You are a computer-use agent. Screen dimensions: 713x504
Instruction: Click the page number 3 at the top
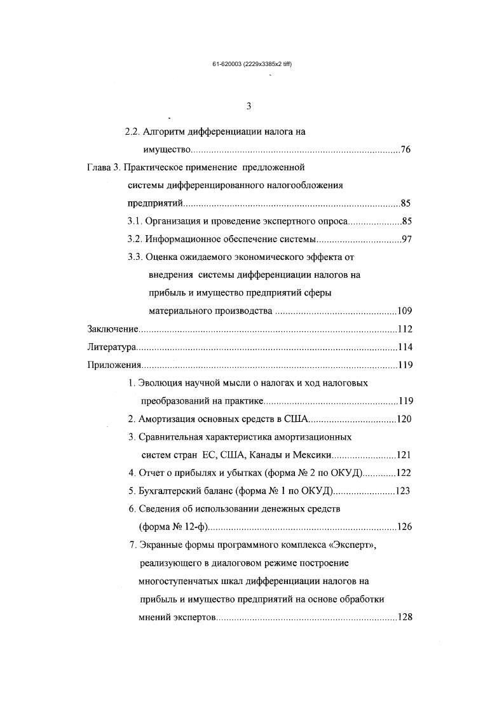[249, 106]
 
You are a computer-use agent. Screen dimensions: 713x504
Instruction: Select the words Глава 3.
[102, 168]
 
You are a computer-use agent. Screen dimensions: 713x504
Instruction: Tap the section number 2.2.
[132, 132]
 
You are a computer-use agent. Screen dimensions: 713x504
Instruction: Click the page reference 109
[405, 311]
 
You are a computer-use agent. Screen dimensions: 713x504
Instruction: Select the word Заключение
[112, 329]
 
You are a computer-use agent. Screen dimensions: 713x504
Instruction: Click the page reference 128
[405, 616]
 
